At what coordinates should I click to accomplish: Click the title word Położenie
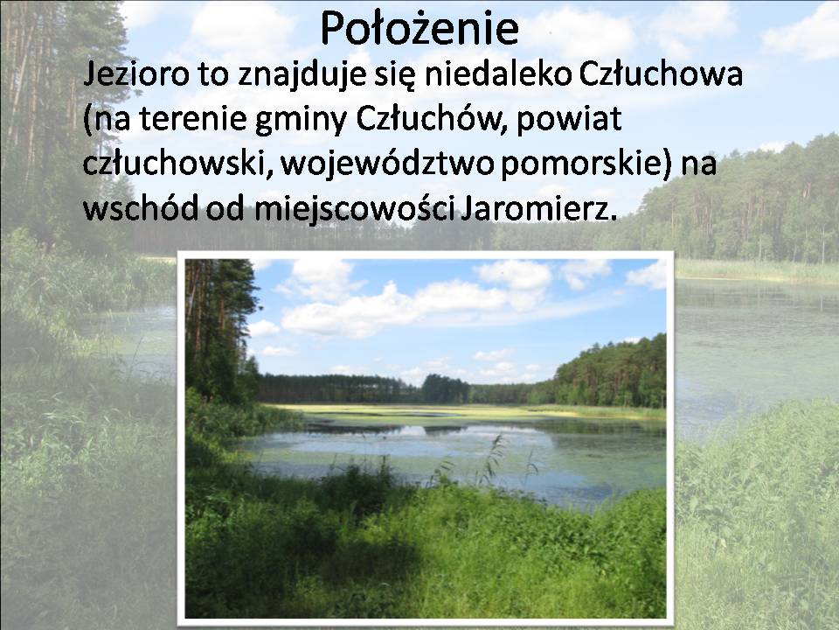point(419,28)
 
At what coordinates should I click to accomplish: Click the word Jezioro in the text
point(136,74)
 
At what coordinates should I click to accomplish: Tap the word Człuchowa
point(661,73)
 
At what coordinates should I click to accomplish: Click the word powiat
point(569,120)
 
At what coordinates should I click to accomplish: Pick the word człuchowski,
point(177,164)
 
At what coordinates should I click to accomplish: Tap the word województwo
point(386,164)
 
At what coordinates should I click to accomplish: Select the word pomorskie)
point(586,164)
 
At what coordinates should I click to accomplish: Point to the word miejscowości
point(355,208)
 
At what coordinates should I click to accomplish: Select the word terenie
point(192,120)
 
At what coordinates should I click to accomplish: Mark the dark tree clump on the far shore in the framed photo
point(445,388)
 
